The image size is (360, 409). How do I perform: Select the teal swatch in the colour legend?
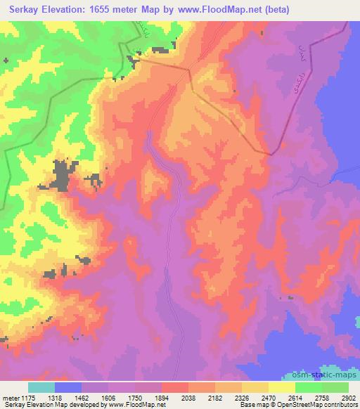click(41, 387)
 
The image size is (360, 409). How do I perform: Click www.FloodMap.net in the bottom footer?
click(142, 405)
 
